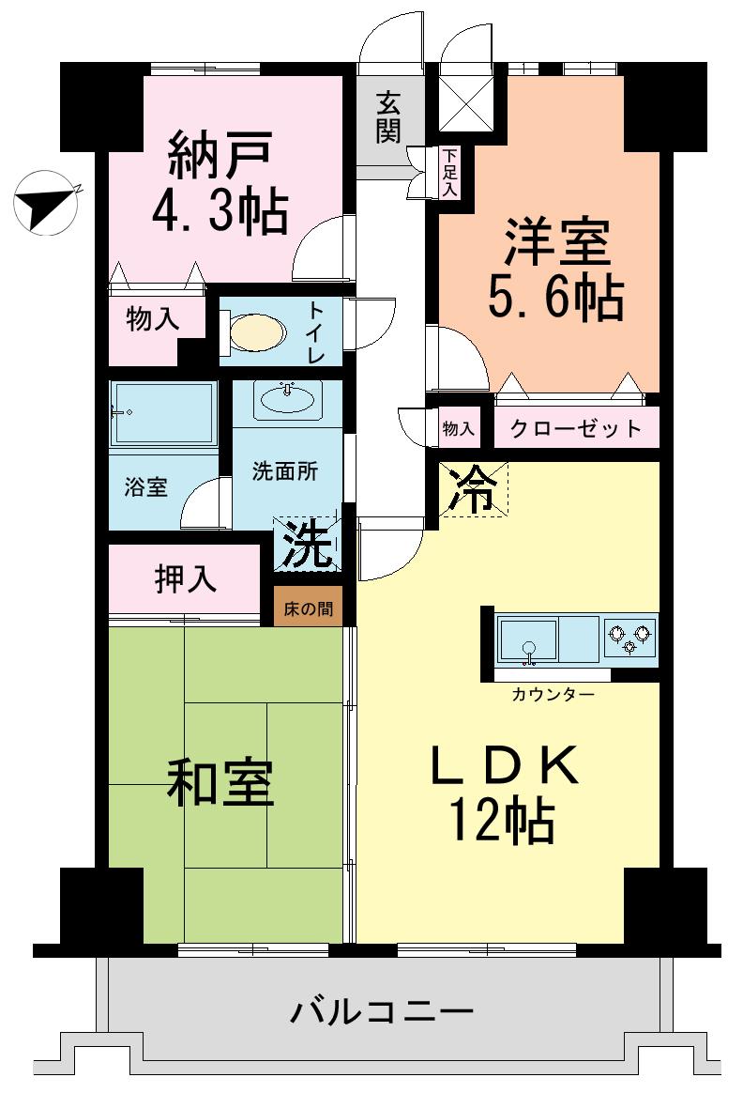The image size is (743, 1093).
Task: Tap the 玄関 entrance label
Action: click(389, 116)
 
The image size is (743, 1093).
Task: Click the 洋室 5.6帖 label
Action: click(554, 269)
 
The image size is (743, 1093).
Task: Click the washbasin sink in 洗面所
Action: click(288, 400)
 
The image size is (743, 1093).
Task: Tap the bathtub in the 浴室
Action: click(163, 413)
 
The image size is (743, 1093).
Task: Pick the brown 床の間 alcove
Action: click(309, 608)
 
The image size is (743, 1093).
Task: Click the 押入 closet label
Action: click(186, 577)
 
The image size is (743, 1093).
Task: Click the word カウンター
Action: click(553, 695)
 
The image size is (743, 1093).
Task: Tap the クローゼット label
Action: click(575, 429)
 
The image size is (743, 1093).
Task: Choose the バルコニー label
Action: click(381, 1012)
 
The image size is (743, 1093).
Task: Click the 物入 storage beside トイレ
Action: click(152, 320)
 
